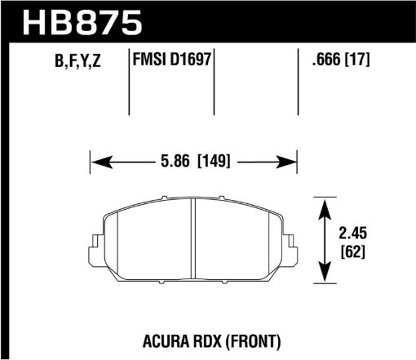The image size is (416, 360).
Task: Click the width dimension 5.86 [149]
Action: pyautogui.click(x=193, y=162)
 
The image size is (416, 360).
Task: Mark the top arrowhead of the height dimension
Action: pyautogui.click(x=325, y=202)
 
